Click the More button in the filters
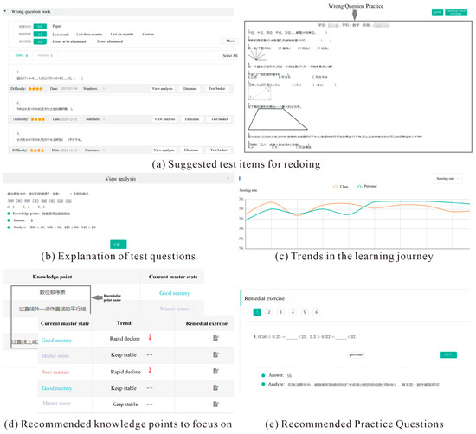point(229,41)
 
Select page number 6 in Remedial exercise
point(318,312)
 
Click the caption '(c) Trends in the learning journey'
point(355,255)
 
